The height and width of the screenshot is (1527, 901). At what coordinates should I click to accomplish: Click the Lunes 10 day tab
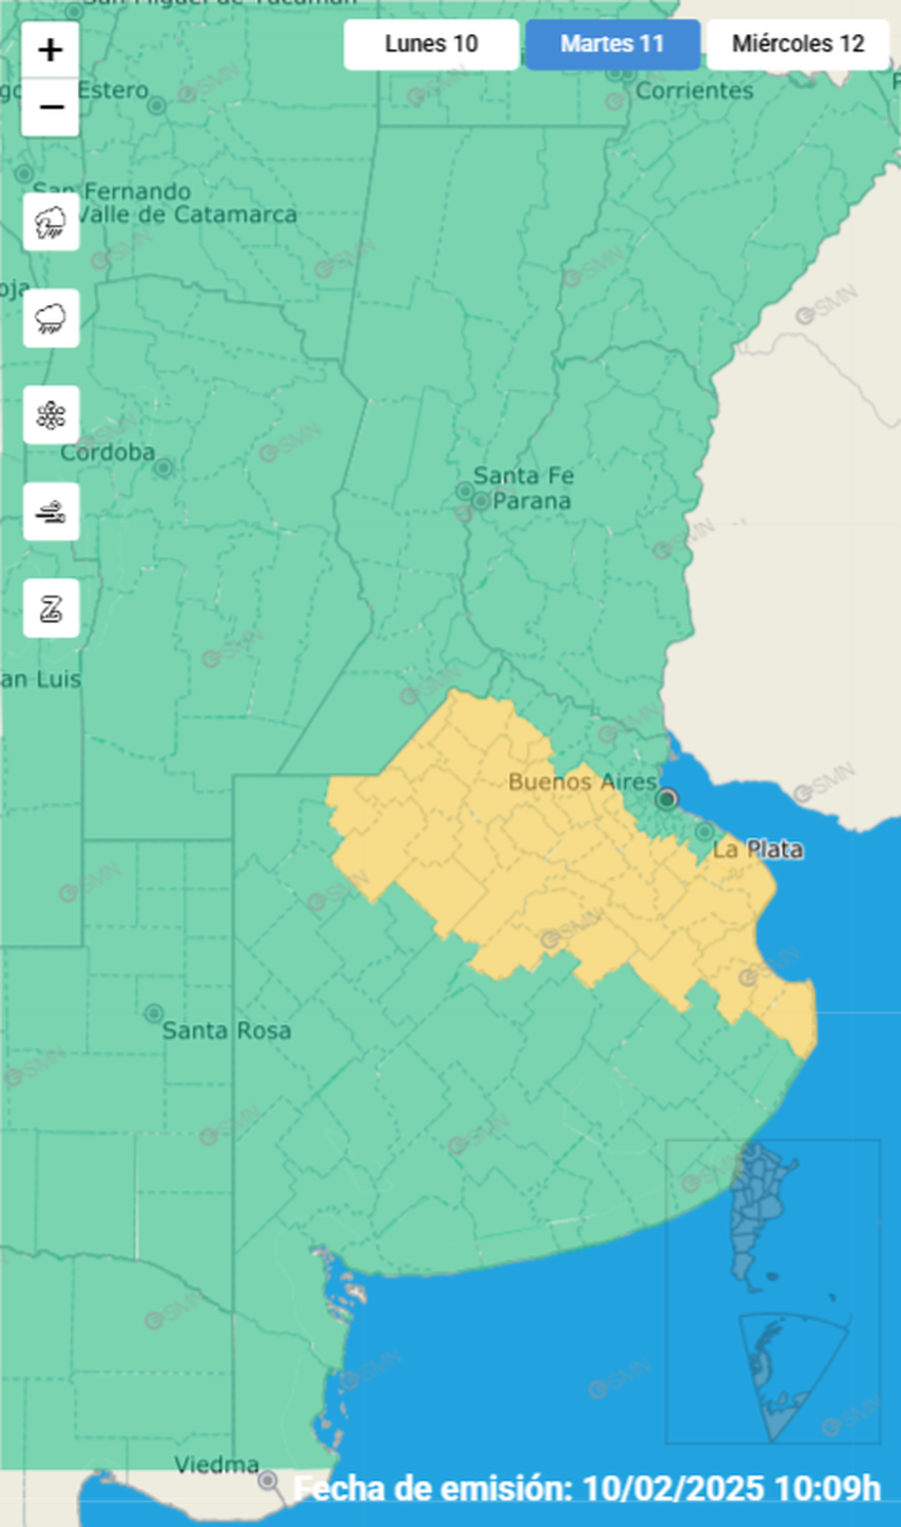tap(431, 44)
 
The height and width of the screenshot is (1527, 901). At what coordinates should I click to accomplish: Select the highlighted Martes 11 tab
tap(612, 44)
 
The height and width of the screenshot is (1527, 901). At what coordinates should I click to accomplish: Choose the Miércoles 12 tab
tap(797, 44)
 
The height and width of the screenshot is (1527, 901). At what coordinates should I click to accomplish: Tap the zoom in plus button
tap(50, 50)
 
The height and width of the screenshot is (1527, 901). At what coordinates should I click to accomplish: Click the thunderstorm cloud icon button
tap(51, 222)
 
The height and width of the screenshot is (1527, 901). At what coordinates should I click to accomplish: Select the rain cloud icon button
tap(51, 318)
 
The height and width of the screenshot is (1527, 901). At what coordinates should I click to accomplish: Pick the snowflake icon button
tap(51, 415)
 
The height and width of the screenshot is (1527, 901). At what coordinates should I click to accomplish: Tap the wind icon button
tap(51, 512)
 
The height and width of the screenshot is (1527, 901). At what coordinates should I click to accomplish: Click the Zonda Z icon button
tap(51, 608)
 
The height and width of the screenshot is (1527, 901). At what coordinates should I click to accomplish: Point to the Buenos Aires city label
tap(583, 782)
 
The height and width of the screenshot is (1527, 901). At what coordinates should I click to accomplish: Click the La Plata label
tap(757, 850)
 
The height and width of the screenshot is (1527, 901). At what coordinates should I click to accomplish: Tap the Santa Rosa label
tap(226, 1031)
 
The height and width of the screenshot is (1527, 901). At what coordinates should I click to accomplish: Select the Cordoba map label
tap(107, 452)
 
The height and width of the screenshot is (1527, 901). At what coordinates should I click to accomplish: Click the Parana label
tap(532, 501)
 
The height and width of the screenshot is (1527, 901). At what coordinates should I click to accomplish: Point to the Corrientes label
tap(694, 91)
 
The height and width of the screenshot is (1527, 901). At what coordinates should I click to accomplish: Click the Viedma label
tap(216, 1464)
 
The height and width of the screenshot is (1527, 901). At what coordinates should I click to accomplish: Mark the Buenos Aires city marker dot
tap(666, 798)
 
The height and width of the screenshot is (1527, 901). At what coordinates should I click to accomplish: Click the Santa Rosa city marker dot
tap(154, 1013)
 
